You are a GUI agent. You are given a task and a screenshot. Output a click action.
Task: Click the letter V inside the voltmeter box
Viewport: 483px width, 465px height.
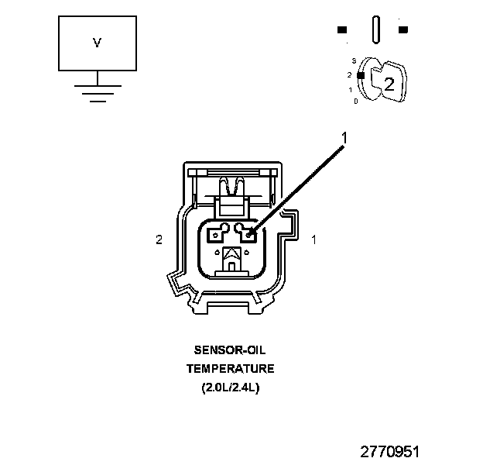coord(97,43)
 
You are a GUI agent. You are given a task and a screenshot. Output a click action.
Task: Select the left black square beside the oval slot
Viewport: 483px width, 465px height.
coord(342,30)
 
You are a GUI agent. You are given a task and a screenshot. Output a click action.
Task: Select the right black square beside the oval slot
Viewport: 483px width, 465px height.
coord(402,30)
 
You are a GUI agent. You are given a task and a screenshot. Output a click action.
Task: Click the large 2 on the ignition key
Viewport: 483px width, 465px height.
coord(389,85)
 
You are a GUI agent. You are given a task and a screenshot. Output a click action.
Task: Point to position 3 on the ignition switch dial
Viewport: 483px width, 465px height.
coord(353,60)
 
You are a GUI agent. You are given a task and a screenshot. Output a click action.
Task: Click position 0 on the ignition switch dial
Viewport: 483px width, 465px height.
coord(355,101)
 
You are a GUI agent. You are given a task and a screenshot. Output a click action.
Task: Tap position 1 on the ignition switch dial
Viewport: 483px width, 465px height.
coord(350,89)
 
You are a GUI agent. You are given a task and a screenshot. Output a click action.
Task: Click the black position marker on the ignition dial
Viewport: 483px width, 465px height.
coord(360,75)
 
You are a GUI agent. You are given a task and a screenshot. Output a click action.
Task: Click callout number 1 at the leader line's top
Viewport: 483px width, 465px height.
coord(344,138)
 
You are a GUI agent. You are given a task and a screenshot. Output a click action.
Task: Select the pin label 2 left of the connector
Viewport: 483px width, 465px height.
coord(159,240)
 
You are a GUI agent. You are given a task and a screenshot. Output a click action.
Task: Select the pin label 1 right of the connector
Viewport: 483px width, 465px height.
coord(313,240)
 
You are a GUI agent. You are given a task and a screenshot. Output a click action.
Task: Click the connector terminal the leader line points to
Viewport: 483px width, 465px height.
coord(249,232)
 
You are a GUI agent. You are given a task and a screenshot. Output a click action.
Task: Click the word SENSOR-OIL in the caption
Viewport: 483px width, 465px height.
coord(230,350)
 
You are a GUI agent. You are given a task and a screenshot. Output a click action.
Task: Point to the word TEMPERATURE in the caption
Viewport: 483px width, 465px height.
coord(230,368)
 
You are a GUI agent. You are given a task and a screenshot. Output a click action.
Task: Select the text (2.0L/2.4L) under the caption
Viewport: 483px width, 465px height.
coord(230,386)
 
